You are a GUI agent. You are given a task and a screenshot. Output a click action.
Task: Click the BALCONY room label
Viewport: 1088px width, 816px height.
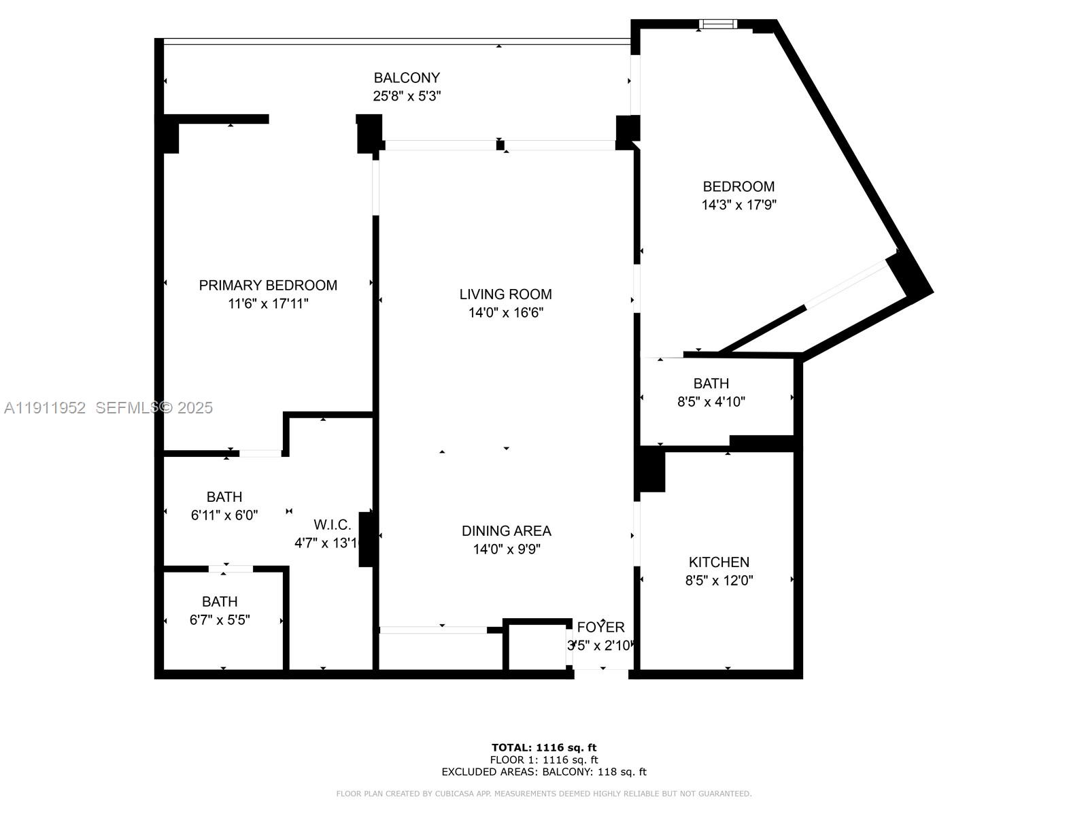[407, 78]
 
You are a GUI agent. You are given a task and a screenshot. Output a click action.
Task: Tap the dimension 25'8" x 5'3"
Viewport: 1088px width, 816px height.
[407, 96]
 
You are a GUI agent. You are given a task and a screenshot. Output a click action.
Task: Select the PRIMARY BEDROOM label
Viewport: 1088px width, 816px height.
[268, 285]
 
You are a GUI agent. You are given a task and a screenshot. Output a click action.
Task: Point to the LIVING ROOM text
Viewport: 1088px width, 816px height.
[505, 294]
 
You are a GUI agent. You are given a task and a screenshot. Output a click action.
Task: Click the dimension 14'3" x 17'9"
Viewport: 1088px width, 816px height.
[738, 205]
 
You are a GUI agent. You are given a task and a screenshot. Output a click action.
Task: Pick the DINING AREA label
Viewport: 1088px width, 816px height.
[506, 530]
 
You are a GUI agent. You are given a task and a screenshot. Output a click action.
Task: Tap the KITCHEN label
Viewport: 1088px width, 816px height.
[719, 562]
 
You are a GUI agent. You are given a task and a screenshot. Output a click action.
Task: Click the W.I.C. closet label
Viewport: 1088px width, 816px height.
[333, 524]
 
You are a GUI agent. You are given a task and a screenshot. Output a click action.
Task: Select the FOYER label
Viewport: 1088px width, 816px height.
[600, 627]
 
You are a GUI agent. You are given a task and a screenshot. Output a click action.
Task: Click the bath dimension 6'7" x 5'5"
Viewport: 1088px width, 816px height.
[220, 619]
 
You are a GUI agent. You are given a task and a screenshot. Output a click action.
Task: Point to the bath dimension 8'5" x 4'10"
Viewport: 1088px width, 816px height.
[711, 402]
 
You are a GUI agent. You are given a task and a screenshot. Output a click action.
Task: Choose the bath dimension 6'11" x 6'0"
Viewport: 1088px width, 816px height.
[224, 515]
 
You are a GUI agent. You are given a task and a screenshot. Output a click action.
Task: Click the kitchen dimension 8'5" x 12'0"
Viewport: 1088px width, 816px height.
[719, 581]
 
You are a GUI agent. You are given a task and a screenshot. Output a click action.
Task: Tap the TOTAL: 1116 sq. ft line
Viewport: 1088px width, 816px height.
[544, 747]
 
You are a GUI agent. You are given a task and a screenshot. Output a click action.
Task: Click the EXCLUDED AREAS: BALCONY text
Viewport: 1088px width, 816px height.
[544, 772]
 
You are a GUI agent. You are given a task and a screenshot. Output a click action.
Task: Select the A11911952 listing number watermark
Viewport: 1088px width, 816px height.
[45, 407]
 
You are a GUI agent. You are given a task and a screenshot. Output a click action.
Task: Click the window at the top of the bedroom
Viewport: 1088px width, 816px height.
[719, 24]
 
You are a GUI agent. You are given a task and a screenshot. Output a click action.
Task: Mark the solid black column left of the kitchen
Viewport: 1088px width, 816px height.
[651, 469]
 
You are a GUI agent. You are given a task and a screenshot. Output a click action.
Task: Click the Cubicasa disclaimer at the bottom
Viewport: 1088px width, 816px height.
[544, 794]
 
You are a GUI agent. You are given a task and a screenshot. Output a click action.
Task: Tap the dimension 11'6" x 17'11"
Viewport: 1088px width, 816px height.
[268, 304]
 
